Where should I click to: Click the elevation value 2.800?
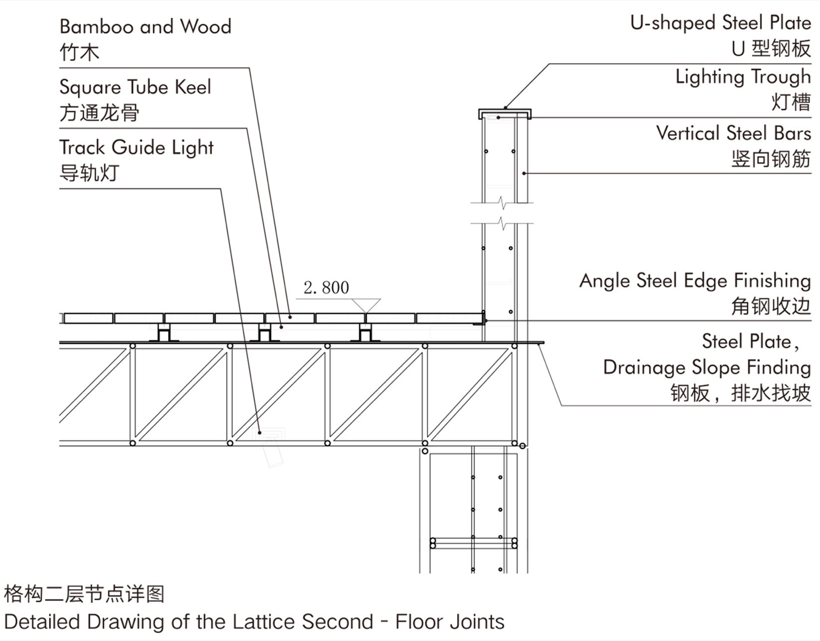pyautogui.click(x=326, y=288)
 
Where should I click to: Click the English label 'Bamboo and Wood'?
pyautogui.click(x=145, y=27)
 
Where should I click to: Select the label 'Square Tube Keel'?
pyautogui.click(x=135, y=87)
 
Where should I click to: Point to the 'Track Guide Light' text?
pyautogui.click(x=136, y=148)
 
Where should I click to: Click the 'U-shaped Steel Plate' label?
pyautogui.click(x=720, y=23)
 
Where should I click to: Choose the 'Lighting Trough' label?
pyautogui.click(x=743, y=77)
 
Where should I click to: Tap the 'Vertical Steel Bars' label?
pyautogui.click(x=733, y=133)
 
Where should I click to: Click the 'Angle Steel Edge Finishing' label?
pyautogui.click(x=695, y=281)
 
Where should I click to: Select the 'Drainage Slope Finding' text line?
pyautogui.click(x=706, y=368)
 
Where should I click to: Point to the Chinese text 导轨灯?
pyautogui.click(x=89, y=173)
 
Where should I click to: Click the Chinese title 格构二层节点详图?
pyautogui.click(x=84, y=593)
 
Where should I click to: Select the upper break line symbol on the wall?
pyautogui.click(x=502, y=203)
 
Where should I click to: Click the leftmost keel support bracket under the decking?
pyautogui.click(x=163, y=332)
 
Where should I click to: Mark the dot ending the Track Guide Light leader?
pyautogui.click(x=259, y=432)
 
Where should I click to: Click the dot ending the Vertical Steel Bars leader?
pyautogui.click(x=524, y=173)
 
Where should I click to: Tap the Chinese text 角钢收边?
pyautogui.click(x=770, y=307)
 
